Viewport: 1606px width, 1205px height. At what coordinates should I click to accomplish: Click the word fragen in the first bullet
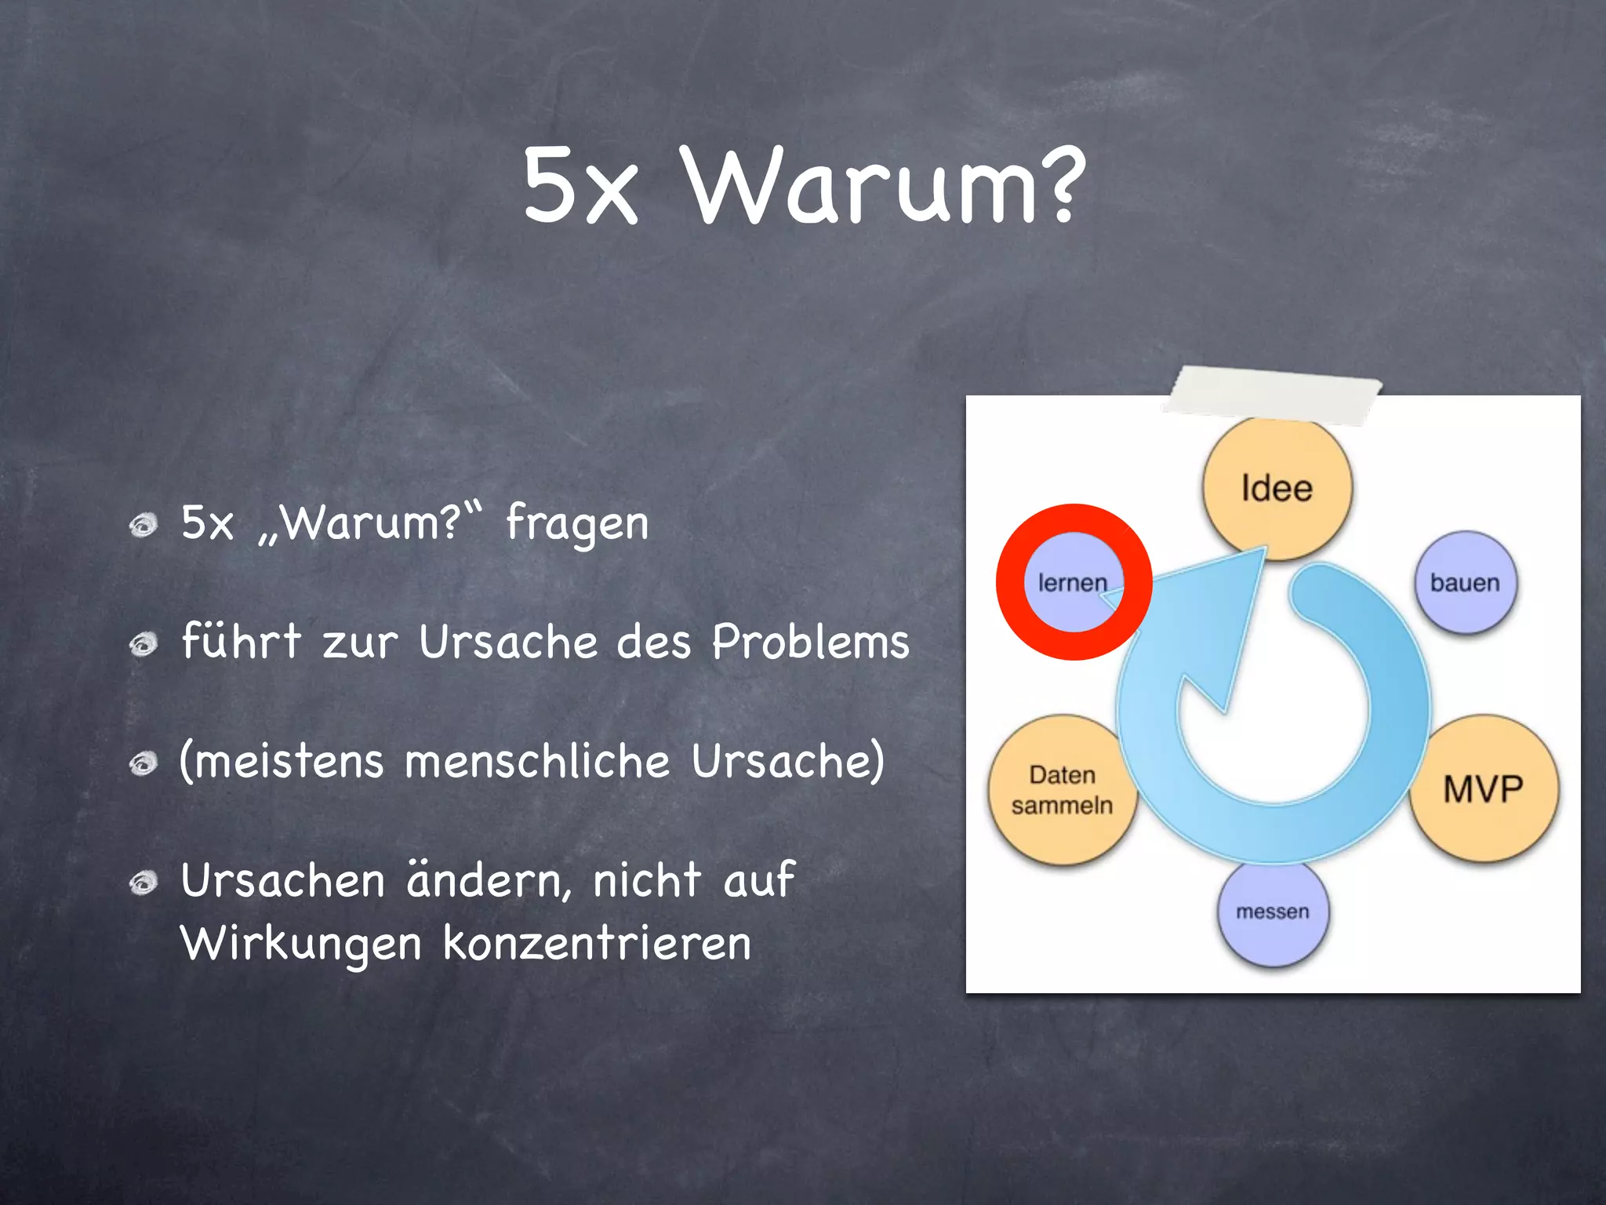577,524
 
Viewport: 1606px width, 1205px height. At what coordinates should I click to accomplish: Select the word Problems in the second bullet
810,642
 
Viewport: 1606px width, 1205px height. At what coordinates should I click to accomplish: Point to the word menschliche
538,761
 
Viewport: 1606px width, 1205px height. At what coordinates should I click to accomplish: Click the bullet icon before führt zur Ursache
144,645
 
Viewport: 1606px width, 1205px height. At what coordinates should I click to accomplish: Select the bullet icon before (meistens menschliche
144,763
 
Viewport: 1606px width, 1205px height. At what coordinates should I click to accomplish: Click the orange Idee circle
1277,488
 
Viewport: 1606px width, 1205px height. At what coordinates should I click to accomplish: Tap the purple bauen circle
1465,582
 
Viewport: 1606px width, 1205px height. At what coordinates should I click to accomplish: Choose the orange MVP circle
1483,788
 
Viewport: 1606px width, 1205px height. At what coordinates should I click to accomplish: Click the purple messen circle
1273,912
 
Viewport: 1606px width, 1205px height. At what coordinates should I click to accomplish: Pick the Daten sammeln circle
1062,789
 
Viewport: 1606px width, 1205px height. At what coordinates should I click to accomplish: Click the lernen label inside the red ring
1072,582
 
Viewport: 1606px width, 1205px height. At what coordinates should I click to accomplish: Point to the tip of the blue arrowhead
1264,549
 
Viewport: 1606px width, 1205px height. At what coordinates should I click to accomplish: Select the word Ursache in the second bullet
508,642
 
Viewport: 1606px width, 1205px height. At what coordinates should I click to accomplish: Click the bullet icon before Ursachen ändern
144,883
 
